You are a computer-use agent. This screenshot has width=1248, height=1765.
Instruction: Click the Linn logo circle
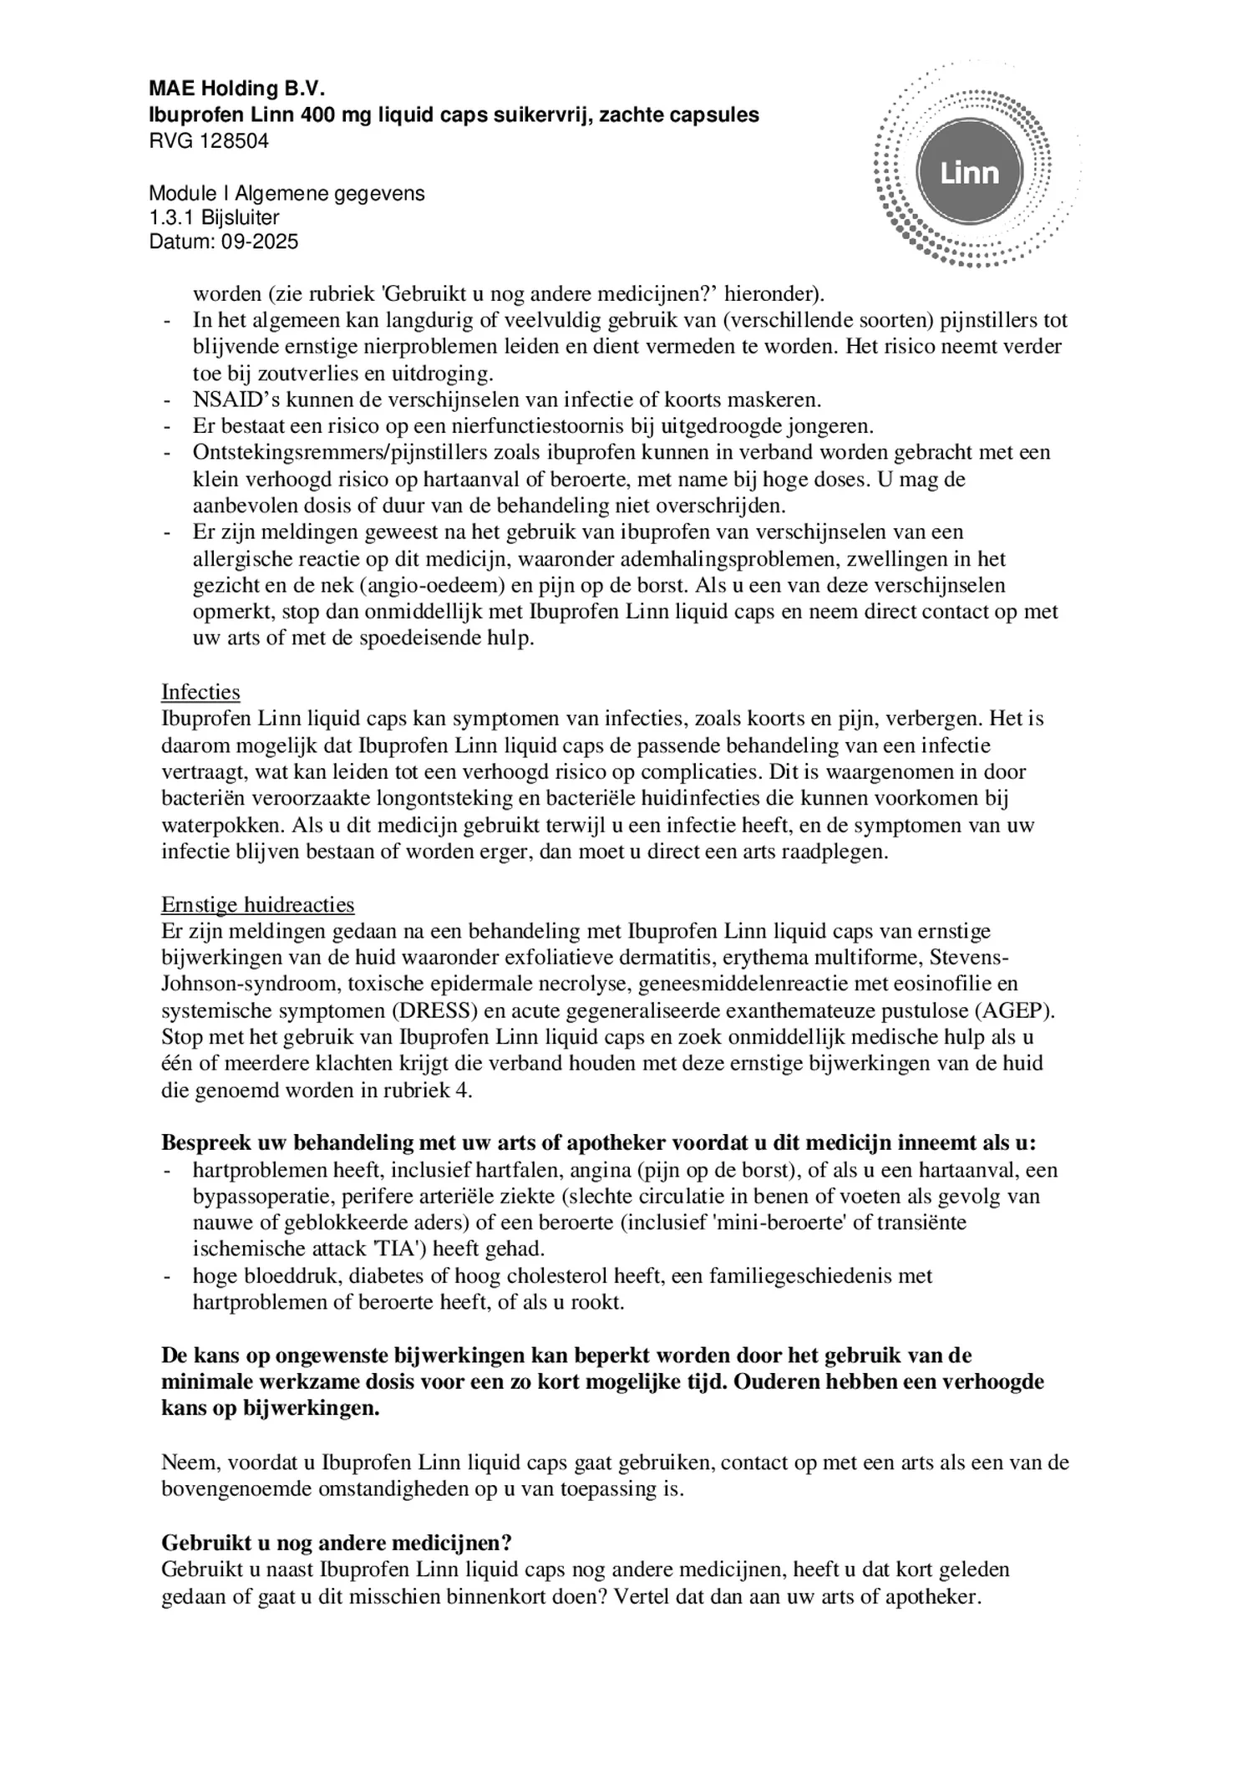(969, 173)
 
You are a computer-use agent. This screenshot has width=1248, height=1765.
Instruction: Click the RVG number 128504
(235, 141)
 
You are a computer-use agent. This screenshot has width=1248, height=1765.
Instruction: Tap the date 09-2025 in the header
(259, 242)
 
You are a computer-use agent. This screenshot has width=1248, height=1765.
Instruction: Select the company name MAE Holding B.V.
(236, 89)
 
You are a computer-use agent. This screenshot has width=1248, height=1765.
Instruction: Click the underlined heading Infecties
(200, 692)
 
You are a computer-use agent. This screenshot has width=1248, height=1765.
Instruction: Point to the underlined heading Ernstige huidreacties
(257, 904)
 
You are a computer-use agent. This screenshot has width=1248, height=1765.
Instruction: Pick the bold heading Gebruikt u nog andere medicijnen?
(336, 1542)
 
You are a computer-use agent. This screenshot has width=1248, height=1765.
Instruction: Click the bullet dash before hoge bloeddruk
(168, 1276)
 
